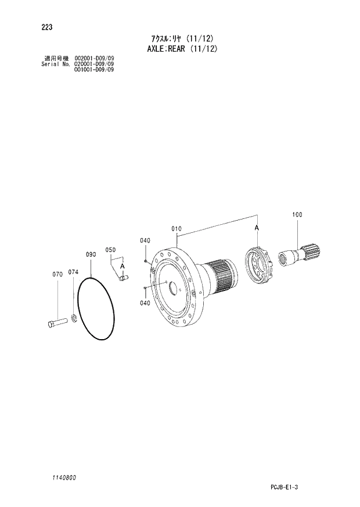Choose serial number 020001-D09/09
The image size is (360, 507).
tap(93, 64)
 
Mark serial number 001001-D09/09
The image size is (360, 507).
tap(93, 70)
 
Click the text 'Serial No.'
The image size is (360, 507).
tap(55, 64)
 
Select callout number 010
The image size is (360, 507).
tap(177, 229)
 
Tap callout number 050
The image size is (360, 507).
tap(110, 250)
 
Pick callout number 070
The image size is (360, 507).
tap(57, 274)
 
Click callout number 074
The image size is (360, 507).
tap(73, 272)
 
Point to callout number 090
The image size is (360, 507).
tap(91, 254)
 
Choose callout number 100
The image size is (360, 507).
tap(297, 215)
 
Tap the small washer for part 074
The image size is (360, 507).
tap(74, 318)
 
